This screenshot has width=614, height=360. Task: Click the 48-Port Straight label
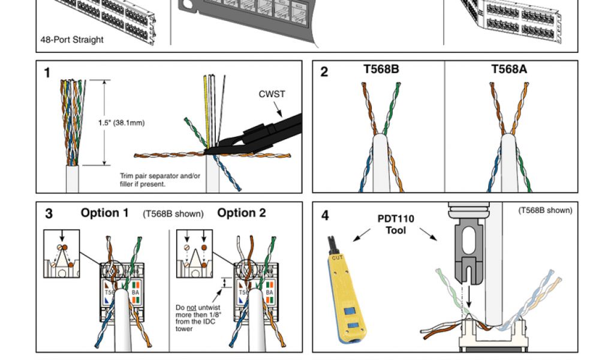[x=72, y=40]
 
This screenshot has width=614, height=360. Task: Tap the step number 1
[x=47, y=73]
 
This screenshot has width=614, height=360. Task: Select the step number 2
[x=324, y=73]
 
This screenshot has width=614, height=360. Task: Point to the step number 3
[x=49, y=214]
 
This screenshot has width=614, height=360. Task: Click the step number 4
[x=325, y=215]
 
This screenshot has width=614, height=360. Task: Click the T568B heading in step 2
[x=381, y=69]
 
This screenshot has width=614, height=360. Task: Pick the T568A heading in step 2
[x=509, y=69]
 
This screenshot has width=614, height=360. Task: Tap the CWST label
[x=272, y=94]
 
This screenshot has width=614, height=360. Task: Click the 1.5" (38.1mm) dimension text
[x=122, y=123]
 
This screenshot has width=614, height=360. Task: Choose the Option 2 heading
[x=242, y=213]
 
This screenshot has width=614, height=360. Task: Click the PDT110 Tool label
[x=396, y=224]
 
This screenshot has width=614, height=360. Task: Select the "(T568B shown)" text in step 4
[x=545, y=210]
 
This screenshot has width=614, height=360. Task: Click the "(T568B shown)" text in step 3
[x=173, y=214]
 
